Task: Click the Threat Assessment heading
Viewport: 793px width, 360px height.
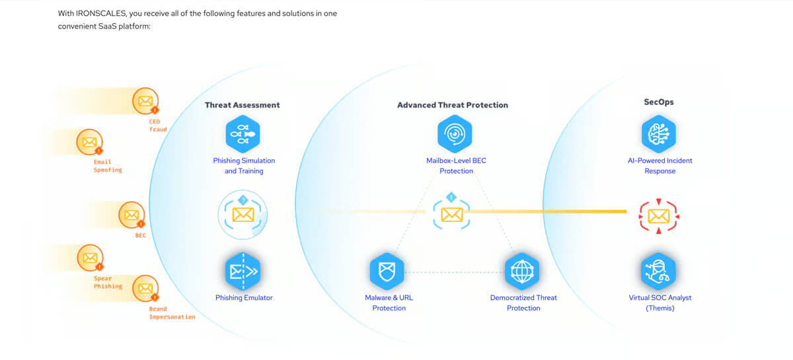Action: [242, 105]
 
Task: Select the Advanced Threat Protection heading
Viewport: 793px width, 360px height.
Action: [453, 105]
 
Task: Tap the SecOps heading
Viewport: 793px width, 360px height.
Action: [658, 102]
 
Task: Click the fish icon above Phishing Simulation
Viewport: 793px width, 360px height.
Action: [243, 134]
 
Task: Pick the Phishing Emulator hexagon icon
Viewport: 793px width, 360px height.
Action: [243, 271]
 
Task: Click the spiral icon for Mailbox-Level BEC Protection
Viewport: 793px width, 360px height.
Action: [455, 134]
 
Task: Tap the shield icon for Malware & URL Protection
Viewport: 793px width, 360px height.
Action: [387, 271]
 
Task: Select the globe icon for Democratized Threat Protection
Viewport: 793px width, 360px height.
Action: [522, 271]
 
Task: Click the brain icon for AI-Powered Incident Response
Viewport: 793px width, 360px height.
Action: [658, 134]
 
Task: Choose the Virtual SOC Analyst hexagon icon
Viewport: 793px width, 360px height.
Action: [658, 271]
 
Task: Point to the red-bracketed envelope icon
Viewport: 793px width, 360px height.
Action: [658, 216]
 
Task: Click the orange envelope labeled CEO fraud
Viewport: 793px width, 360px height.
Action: [145, 101]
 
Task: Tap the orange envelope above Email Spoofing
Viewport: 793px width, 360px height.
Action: [90, 142]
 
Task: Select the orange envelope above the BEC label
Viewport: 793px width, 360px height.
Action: [132, 215]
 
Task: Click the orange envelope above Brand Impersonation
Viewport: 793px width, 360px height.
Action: [145, 289]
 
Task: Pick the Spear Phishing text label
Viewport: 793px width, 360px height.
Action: [108, 283]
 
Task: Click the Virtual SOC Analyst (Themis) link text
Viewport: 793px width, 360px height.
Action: [660, 303]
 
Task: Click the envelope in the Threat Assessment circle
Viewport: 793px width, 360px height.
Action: [243, 215]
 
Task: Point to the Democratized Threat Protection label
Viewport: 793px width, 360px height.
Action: [523, 303]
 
